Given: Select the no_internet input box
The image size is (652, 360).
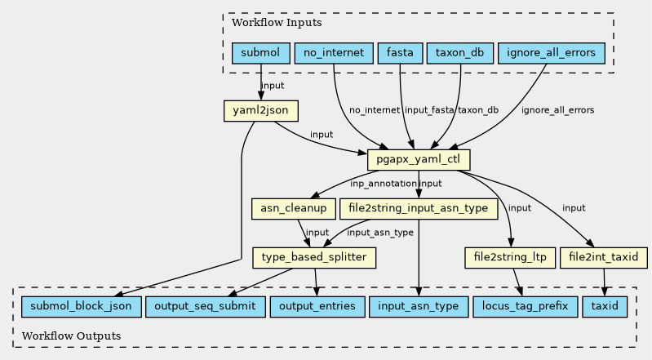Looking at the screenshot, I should [334, 54].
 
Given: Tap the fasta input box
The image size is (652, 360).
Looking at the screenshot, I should [400, 54].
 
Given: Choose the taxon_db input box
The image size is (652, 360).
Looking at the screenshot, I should [460, 54].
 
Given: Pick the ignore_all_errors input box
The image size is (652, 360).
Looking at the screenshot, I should [551, 54].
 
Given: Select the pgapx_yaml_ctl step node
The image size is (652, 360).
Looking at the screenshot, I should [419, 159].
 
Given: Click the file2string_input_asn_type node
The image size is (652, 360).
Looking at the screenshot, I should [419, 209].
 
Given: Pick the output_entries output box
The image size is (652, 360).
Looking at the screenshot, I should [317, 307].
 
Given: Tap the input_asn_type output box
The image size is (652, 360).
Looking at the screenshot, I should [419, 307].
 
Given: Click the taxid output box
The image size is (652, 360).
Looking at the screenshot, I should [605, 307].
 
